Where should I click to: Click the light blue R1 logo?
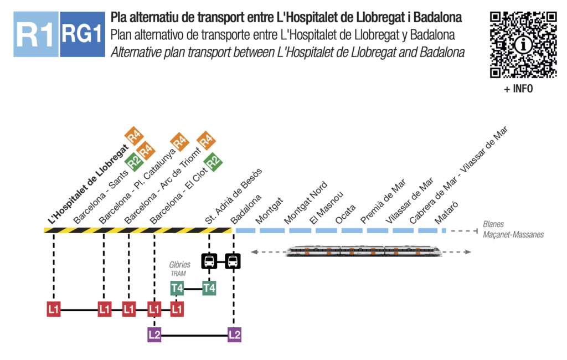tap(35, 34)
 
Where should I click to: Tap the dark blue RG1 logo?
tap(82, 34)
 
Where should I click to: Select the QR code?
tap(523, 44)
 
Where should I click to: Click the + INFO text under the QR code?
tap(518, 89)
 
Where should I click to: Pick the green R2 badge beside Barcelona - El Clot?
tap(213, 162)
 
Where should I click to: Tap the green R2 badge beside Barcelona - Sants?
tap(133, 162)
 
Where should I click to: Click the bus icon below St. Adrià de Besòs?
tap(209, 260)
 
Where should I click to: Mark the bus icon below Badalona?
tap(234, 260)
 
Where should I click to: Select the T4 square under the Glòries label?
tap(177, 288)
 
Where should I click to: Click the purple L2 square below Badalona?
tap(234, 335)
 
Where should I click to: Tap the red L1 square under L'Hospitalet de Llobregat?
tap(54, 309)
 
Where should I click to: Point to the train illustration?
tap(363, 251)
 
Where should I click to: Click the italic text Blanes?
tap(493, 225)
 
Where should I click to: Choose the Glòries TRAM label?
tap(179, 269)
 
